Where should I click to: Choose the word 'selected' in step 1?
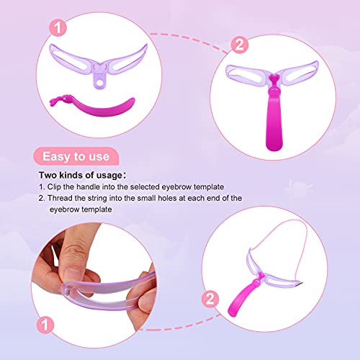click(152, 186)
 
